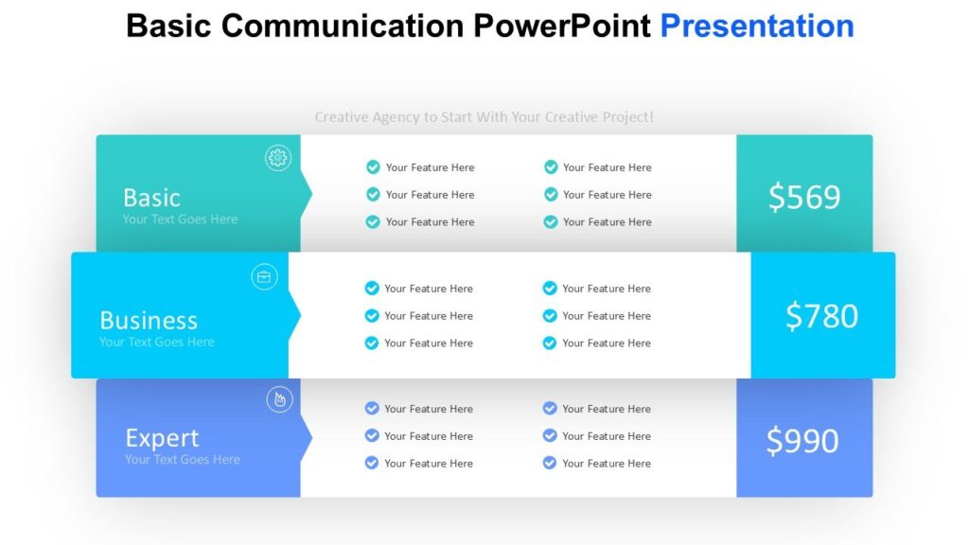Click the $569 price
(803, 197)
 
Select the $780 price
(821, 316)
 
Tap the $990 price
(802, 441)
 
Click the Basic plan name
(151, 198)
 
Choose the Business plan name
(149, 320)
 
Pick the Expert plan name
(162, 438)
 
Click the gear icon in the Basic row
(277, 158)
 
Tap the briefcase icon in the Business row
(264, 276)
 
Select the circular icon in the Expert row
(278, 399)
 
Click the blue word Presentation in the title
(756, 26)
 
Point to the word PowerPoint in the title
(562, 26)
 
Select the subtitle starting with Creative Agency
(484, 117)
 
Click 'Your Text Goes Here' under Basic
(180, 220)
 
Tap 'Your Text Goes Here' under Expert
(183, 460)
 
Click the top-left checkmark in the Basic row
(373, 167)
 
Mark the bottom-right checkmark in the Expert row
(550, 464)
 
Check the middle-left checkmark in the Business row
(372, 316)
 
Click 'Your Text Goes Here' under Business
(157, 343)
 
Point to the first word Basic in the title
(169, 26)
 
